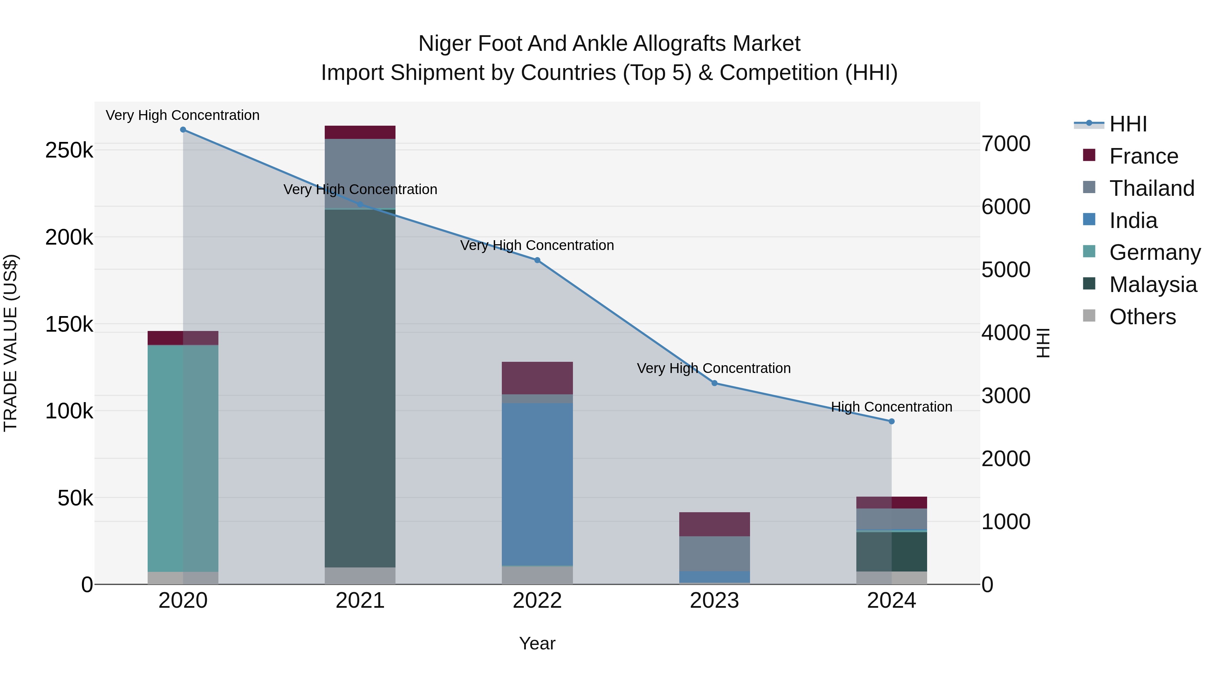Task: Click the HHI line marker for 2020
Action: (x=183, y=130)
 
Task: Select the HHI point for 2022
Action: (x=537, y=261)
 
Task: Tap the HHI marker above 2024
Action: (x=892, y=421)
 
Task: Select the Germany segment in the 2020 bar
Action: (x=183, y=458)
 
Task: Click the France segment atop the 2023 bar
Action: (x=714, y=524)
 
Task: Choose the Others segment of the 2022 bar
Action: (x=537, y=575)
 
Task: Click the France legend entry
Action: (x=1143, y=156)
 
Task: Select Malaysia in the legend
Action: (x=1153, y=285)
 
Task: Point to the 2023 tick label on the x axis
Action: (x=714, y=601)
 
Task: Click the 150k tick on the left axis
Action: (x=69, y=325)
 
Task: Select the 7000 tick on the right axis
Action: (x=1006, y=144)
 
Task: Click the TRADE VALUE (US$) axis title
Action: (x=10, y=343)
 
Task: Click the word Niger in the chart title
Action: (x=445, y=44)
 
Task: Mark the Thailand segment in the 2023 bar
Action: (x=714, y=554)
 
